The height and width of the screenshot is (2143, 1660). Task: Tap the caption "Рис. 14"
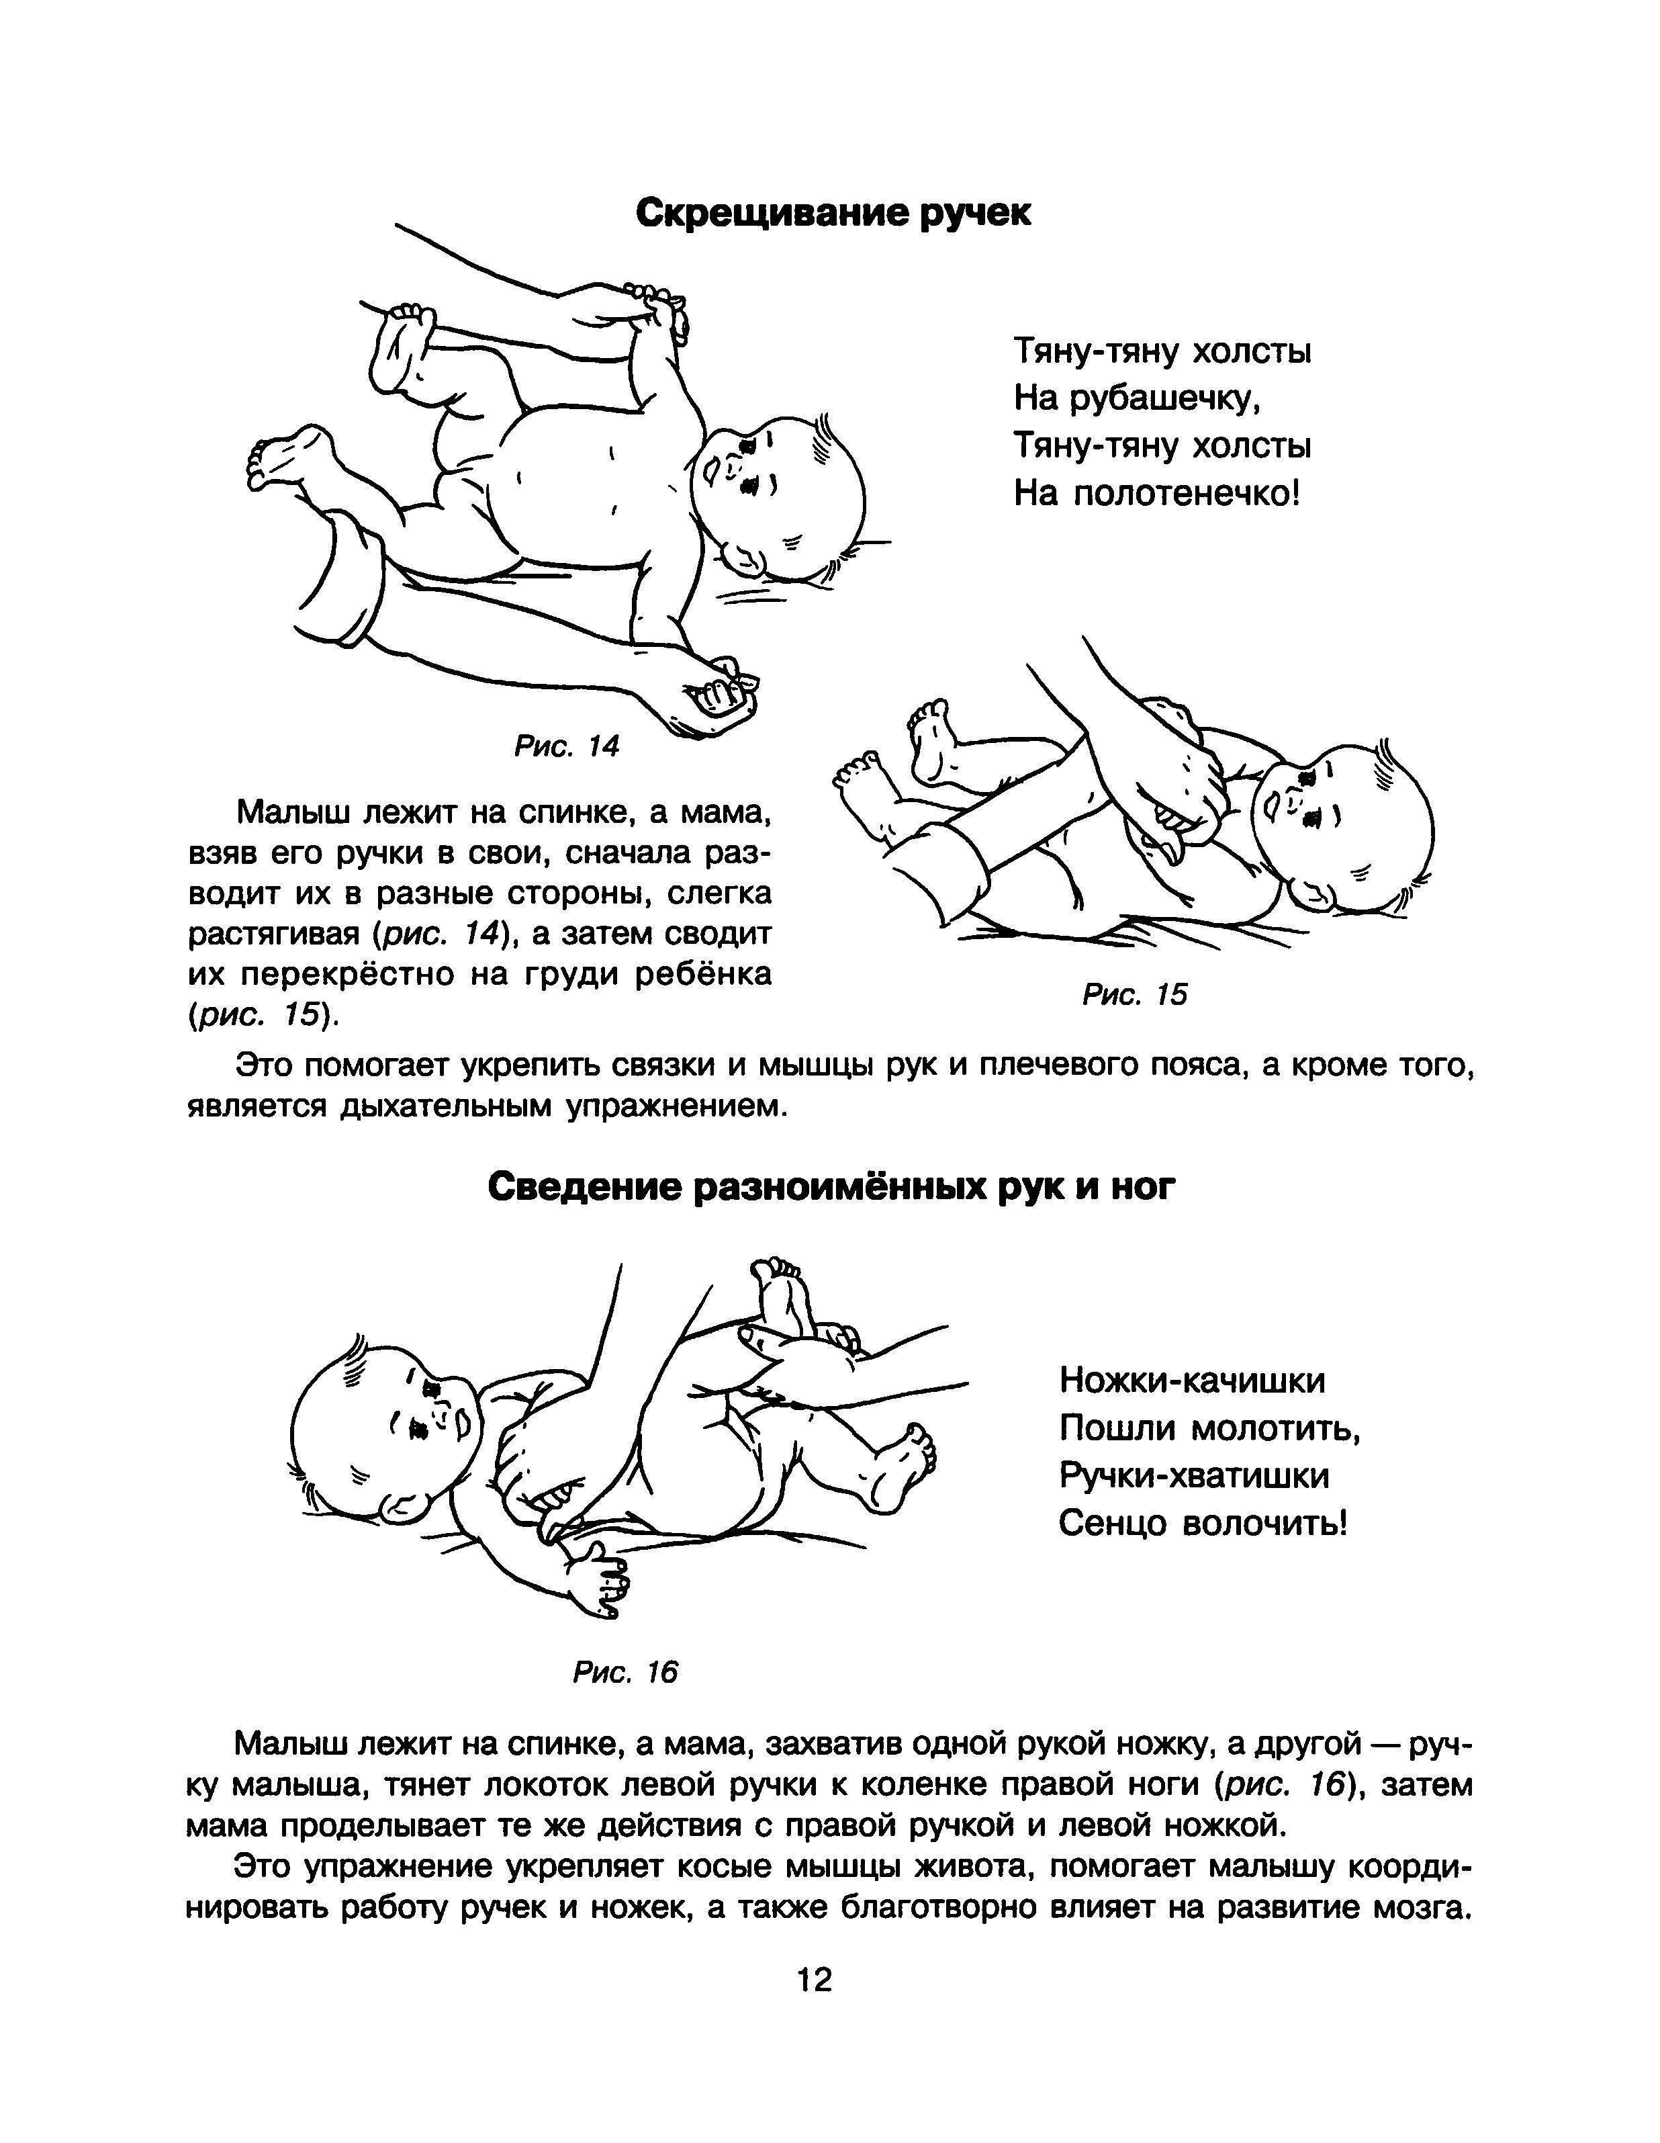tap(567, 747)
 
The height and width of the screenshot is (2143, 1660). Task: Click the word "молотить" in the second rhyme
tap(1275, 1429)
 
